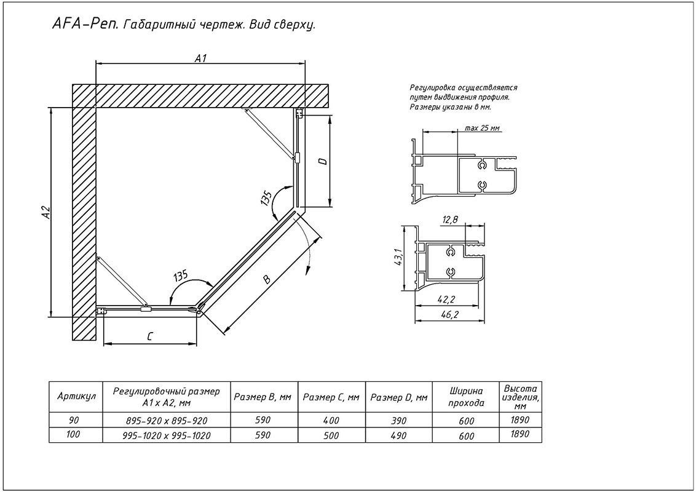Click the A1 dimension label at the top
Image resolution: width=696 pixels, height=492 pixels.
point(202,58)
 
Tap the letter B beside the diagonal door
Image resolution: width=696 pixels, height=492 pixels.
point(266,279)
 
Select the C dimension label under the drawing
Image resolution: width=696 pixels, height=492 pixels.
point(150,336)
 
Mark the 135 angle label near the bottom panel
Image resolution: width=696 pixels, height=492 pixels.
point(181,276)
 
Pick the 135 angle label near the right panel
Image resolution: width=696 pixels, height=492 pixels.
point(266,197)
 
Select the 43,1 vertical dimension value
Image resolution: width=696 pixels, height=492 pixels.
point(398,258)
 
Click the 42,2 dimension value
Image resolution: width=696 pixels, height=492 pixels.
point(448,300)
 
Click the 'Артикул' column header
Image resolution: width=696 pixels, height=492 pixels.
point(76,397)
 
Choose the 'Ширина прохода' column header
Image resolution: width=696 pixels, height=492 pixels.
point(466,397)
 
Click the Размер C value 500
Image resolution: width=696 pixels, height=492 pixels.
point(331,435)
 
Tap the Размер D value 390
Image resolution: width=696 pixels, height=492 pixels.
point(398,421)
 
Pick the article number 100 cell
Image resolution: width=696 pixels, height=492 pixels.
point(73,435)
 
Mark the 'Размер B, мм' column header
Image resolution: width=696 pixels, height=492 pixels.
point(263,397)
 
